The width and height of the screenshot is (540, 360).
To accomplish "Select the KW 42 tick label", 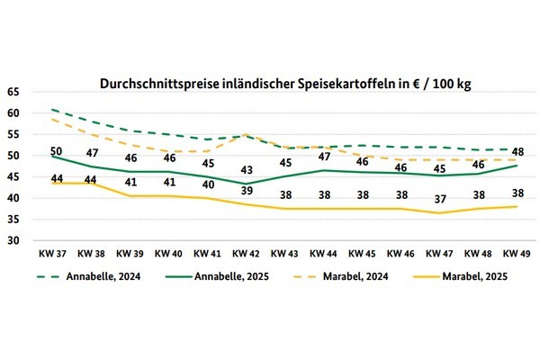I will pos(246,254).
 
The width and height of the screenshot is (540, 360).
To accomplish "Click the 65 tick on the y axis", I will pos(13,93).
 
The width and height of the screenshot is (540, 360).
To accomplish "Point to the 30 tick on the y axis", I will pos(13,241).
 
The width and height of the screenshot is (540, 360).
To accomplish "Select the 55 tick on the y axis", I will pos(13,135).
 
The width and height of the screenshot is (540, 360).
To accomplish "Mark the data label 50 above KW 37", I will pos(57,151).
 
